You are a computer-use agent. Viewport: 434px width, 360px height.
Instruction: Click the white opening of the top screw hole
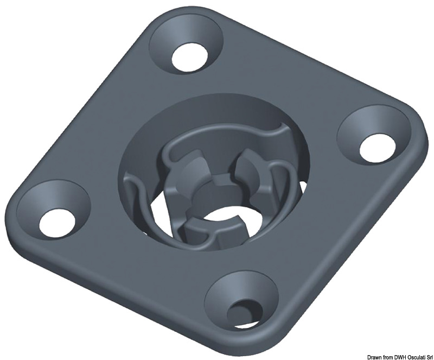[x=190, y=54]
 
